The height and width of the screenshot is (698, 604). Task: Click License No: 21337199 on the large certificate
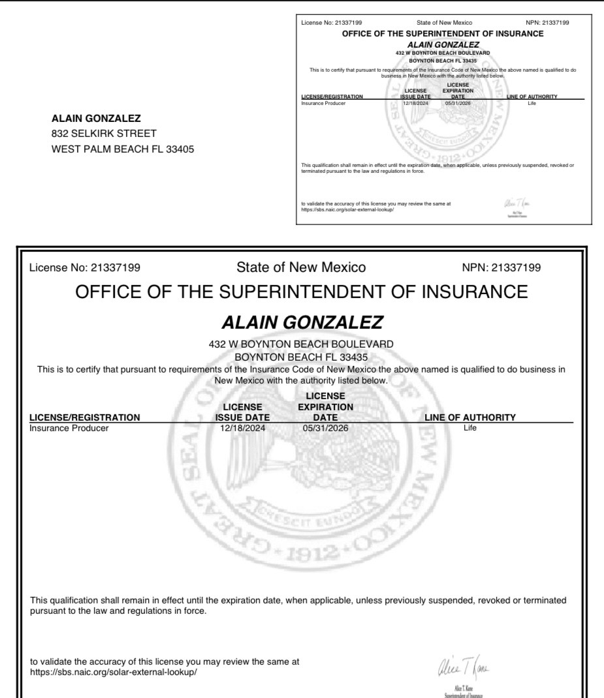tap(84, 267)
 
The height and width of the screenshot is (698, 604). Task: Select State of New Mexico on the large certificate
tap(301, 267)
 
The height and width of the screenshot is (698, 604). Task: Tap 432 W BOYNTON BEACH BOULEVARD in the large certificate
tap(302, 344)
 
